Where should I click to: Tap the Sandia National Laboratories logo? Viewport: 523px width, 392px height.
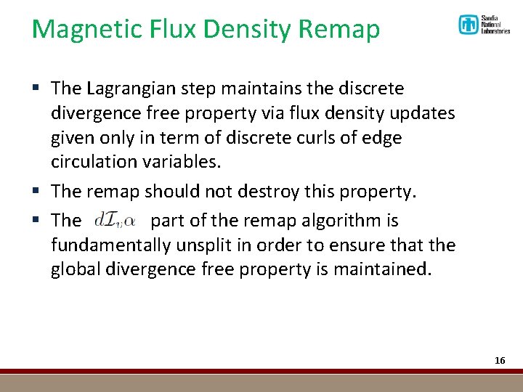click(484, 25)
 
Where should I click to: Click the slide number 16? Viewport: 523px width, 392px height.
click(499, 360)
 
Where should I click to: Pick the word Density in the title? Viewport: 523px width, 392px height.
click(241, 29)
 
